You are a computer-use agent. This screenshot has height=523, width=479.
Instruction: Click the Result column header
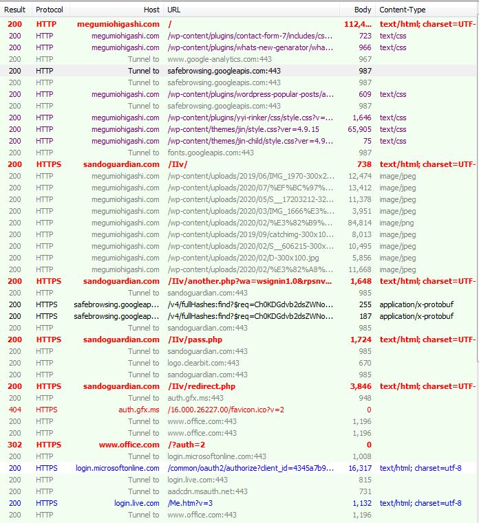15,10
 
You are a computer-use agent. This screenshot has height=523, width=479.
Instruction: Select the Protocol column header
50,10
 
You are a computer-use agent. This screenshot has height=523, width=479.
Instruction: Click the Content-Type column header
403,10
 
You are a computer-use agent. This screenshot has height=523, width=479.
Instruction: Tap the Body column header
363,10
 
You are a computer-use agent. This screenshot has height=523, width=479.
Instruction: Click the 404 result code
15,410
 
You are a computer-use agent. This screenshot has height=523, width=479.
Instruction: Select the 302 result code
15,445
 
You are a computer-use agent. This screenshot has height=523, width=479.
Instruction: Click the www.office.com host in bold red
129,445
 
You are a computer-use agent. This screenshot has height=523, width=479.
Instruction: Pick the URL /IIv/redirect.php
202,386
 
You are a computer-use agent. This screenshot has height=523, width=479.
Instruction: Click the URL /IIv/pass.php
195,340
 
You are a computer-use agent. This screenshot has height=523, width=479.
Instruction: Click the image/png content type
397,223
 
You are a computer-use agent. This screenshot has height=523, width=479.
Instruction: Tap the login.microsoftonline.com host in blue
118,468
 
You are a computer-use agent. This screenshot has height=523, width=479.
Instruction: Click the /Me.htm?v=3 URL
190,503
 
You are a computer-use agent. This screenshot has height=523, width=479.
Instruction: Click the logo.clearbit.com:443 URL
204,363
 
